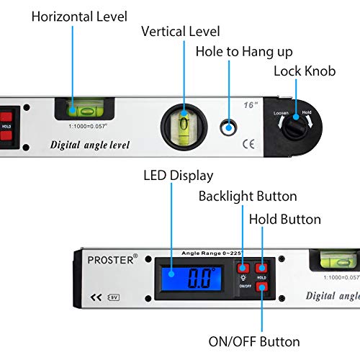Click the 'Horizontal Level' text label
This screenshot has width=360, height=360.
click(79, 15)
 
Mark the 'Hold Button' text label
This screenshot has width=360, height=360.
click(284, 219)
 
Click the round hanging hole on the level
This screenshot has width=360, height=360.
click(229, 127)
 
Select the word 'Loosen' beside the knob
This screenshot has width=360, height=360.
click(281, 113)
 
